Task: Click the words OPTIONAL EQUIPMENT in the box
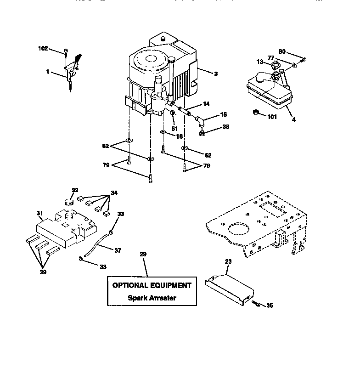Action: (152, 285)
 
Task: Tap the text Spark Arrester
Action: (152, 298)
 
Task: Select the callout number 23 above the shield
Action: (228, 261)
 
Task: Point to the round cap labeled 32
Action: (69, 202)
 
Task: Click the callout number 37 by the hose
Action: (118, 250)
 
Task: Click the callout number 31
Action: (39, 213)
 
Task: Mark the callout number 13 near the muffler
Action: (259, 62)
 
